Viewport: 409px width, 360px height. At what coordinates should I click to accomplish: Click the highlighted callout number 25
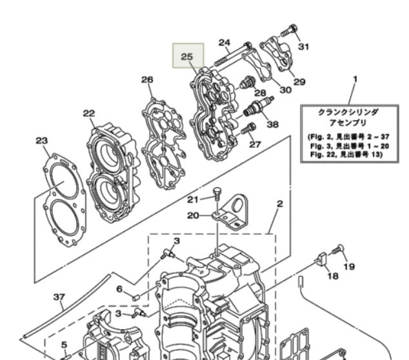coord(187,57)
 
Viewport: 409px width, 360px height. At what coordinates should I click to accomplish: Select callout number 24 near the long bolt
coord(224,43)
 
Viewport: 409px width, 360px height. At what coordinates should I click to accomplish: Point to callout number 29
coord(299,82)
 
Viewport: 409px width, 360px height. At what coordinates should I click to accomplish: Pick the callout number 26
coord(147,79)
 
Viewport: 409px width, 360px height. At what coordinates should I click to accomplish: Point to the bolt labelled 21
coord(217,192)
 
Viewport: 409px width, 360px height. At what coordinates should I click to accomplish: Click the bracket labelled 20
coord(235,214)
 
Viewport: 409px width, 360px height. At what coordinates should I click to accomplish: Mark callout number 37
coord(59,297)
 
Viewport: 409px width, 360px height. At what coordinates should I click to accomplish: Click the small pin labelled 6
coord(137,297)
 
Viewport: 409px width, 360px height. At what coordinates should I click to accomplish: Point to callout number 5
coord(65,344)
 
